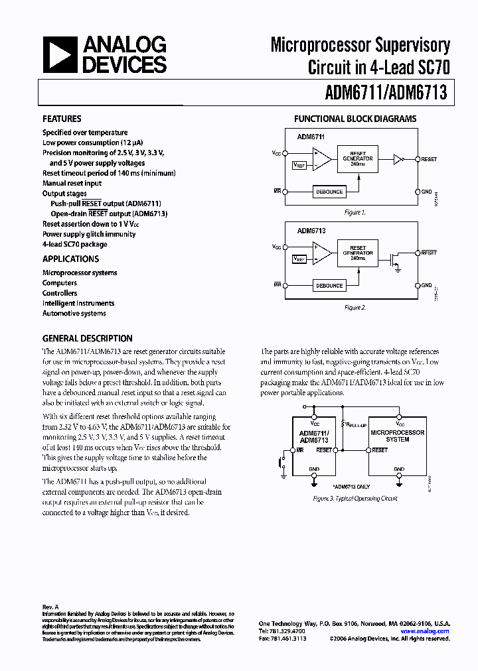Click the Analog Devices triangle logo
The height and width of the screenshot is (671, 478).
pyautogui.click(x=59, y=54)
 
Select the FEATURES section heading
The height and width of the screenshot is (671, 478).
pyautogui.click(x=62, y=119)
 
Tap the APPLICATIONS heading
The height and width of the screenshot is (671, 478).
pyautogui.click(x=70, y=259)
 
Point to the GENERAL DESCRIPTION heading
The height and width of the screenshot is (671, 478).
pyautogui.click(x=87, y=338)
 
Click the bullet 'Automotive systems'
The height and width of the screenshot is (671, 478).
pyautogui.click(x=74, y=314)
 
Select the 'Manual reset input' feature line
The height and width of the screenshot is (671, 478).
pyautogui.click(x=72, y=183)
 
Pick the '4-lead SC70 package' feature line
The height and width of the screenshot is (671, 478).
pyautogui.click(x=75, y=244)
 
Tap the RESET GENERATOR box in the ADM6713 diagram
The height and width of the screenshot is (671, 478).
pyautogui.click(x=357, y=253)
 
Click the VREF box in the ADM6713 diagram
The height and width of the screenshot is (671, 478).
pyautogui.click(x=299, y=259)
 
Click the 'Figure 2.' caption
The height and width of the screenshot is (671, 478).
pyautogui.click(x=355, y=308)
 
